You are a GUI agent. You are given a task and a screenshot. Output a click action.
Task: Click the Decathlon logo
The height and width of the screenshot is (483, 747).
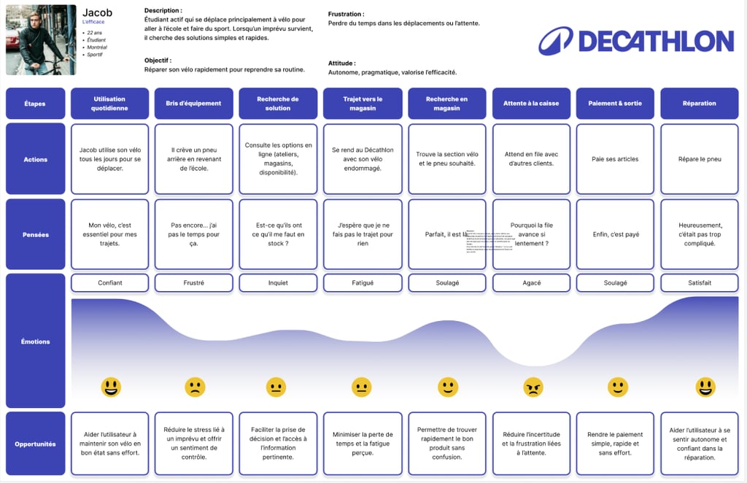pos(635,41)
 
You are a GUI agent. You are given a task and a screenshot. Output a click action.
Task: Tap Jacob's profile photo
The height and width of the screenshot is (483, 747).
pos(41,40)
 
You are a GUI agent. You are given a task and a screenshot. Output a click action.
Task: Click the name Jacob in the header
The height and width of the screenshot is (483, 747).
pos(97,13)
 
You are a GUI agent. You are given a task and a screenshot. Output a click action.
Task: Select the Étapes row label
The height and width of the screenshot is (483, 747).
pos(35,104)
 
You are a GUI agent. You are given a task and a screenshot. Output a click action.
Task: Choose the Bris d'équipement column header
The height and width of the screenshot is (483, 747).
pos(195,104)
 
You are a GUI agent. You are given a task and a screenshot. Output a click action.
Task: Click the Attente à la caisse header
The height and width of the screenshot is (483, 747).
pos(531,104)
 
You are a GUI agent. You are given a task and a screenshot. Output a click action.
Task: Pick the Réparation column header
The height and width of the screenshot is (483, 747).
pos(699,104)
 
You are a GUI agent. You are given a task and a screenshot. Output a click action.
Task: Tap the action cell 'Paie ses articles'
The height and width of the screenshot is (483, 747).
pos(615,159)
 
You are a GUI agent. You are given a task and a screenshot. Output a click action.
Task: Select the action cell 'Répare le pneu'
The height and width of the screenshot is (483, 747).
pos(699,159)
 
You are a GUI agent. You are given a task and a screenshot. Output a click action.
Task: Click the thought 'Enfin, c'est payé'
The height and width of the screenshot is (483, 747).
pos(615,235)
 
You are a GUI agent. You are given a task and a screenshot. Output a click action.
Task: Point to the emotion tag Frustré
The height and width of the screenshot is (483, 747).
pos(195,282)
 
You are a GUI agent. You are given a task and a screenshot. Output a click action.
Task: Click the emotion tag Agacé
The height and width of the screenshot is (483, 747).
pos(531,282)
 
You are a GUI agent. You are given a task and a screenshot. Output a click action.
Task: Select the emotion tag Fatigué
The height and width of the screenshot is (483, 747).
pos(363,282)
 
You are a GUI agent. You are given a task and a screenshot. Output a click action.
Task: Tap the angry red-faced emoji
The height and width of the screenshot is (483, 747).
pos(533,387)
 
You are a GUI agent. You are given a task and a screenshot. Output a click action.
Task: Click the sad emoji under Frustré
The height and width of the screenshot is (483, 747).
pos(195,387)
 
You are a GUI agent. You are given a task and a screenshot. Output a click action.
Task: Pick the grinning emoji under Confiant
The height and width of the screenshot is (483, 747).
pos(111,387)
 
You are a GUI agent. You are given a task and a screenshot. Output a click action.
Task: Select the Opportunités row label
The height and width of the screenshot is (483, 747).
pos(35,444)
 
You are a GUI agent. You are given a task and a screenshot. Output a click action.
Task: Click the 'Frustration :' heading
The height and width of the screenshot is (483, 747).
pos(347,14)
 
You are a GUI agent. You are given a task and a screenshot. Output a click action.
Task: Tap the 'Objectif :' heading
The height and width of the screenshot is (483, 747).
pos(158,61)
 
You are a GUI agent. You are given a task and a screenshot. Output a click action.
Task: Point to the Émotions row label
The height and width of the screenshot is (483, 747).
pos(35,341)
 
